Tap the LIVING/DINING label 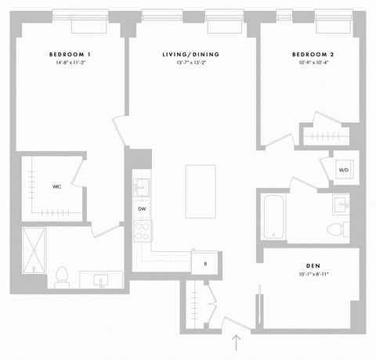point(191,53)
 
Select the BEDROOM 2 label point(313,53)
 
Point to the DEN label point(313,265)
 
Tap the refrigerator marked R point(204,263)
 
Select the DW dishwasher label point(142,209)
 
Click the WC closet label point(57,186)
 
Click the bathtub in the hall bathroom point(273,217)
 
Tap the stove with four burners point(143,230)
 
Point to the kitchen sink point(142,187)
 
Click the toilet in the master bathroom point(62,276)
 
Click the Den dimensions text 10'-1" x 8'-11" point(313,275)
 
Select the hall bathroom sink point(342,204)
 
